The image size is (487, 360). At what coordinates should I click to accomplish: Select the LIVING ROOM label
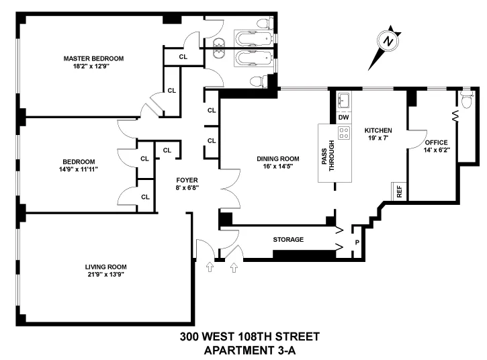point(103,266)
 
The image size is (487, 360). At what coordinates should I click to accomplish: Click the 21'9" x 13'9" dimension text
point(103,274)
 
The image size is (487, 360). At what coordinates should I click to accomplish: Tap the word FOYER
point(187,180)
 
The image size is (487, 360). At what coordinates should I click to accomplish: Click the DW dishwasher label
point(343,118)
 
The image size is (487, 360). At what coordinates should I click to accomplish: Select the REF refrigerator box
point(399,191)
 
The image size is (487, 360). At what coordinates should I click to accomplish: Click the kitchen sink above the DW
point(343,101)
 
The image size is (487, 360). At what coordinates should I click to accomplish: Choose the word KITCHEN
point(378,130)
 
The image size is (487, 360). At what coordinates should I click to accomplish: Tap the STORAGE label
point(287,239)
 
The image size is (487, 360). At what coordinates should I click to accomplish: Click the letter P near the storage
point(357,242)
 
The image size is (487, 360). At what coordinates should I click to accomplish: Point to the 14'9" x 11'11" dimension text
point(79,169)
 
